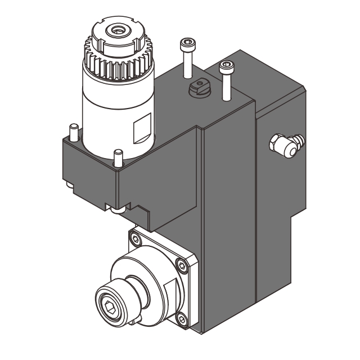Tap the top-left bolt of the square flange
coord(134,239)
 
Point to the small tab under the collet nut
coord(134,321)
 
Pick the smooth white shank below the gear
coord(112,112)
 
